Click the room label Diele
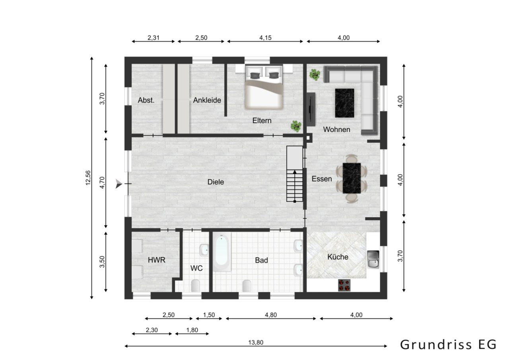[216, 182]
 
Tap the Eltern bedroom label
[262, 120]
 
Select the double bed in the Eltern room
[264, 88]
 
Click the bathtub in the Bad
[221, 252]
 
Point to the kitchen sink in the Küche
[373, 259]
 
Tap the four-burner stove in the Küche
[344, 285]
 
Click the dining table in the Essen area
[352, 178]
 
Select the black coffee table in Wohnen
[344, 103]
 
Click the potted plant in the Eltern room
[295, 126]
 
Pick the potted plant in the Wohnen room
[315, 74]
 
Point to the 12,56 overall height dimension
[88, 178]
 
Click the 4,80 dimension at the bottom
[270, 315]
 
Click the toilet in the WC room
[195, 285]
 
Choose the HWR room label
[156, 260]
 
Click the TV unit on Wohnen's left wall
[311, 109]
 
